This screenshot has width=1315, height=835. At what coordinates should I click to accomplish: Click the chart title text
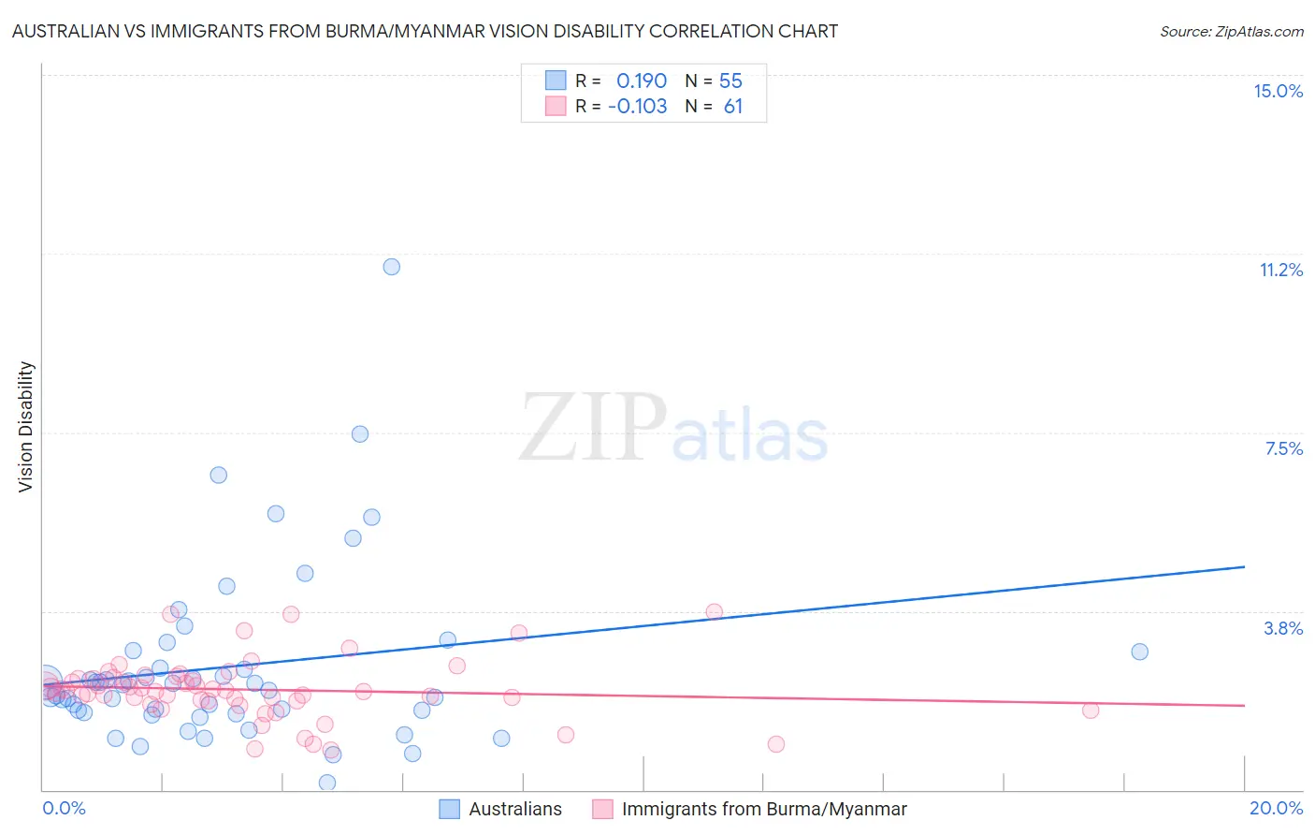pyautogui.click(x=425, y=31)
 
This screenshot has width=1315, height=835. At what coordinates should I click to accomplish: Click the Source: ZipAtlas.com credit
pyautogui.click(x=1231, y=31)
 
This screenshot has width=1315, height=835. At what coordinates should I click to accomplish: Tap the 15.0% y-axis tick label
pyautogui.click(x=1278, y=91)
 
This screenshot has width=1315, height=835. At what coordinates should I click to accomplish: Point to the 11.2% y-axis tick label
pyautogui.click(x=1280, y=270)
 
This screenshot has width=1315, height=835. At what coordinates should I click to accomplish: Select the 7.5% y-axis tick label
pyautogui.click(x=1283, y=448)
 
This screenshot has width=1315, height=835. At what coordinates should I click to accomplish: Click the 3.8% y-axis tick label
pyautogui.click(x=1283, y=628)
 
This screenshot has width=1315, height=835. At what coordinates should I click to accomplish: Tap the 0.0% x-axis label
pyautogui.click(x=64, y=808)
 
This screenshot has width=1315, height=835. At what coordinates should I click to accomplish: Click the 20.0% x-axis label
pyautogui.click(x=1276, y=808)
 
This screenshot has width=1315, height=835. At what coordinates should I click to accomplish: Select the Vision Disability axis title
pyautogui.click(x=26, y=426)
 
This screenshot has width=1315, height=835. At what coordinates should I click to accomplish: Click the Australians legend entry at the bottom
pyautogui.click(x=514, y=809)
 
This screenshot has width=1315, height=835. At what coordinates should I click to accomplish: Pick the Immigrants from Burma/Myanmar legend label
pyautogui.click(x=763, y=809)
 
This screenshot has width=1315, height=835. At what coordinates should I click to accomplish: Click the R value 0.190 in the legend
pyautogui.click(x=641, y=81)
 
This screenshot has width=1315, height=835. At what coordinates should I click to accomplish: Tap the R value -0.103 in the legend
pyautogui.click(x=637, y=107)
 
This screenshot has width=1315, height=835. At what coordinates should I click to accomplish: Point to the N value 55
pyautogui.click(x=730, y=81)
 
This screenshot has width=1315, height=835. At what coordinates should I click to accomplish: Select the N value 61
pyautogui.click(x=732, y=107)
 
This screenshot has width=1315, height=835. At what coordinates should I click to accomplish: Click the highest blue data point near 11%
pyautogui.click(x=392, y=267)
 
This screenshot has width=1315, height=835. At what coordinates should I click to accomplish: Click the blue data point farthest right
pyautogui.click(x=1139, y=652)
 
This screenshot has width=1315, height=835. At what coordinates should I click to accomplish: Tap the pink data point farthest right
pyautogui.click(x=1091, y=710)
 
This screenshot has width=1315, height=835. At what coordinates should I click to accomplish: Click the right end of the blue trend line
pyautogui.click(x=1244, y=566)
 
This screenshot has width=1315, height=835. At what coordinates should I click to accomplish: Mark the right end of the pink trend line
pyautogui.click(x=1244, y=705)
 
